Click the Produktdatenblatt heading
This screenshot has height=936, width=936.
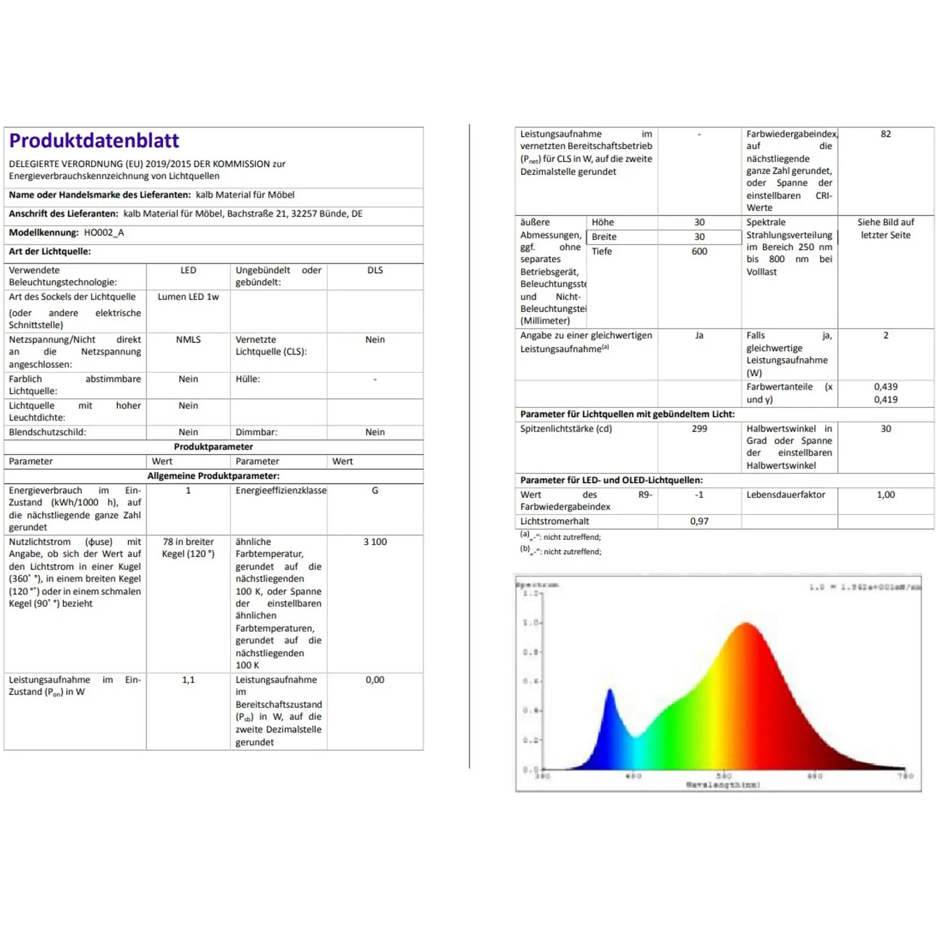click(94, 141)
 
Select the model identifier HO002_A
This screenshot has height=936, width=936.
click(104, 233)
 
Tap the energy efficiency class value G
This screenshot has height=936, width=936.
click(375, 491)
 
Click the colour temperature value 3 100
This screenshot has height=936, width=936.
click(375, 542)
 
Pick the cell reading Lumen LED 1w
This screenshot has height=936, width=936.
click(188, 297)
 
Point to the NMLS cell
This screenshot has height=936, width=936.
click(188, 340)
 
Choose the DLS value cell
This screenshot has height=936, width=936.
click(375, 270)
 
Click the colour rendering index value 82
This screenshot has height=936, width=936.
click(886, 135)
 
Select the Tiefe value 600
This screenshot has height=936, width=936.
click(699, 252)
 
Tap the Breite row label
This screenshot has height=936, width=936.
click(604, 237)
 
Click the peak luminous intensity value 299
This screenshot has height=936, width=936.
click(699, 429)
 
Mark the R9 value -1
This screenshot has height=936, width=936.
click(699, 495)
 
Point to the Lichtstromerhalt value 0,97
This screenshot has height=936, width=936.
click(699, 521)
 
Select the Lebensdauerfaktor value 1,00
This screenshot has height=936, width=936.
click(886, 495)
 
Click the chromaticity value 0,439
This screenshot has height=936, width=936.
click(886, 387)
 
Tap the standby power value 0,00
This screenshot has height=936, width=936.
click(375, 680)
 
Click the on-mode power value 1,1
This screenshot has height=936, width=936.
click(188, 680)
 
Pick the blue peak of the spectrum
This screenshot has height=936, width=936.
click(610, 692)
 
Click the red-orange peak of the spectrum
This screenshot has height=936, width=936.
click(746, 625)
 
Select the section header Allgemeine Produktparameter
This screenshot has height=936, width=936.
click(214, 476)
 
